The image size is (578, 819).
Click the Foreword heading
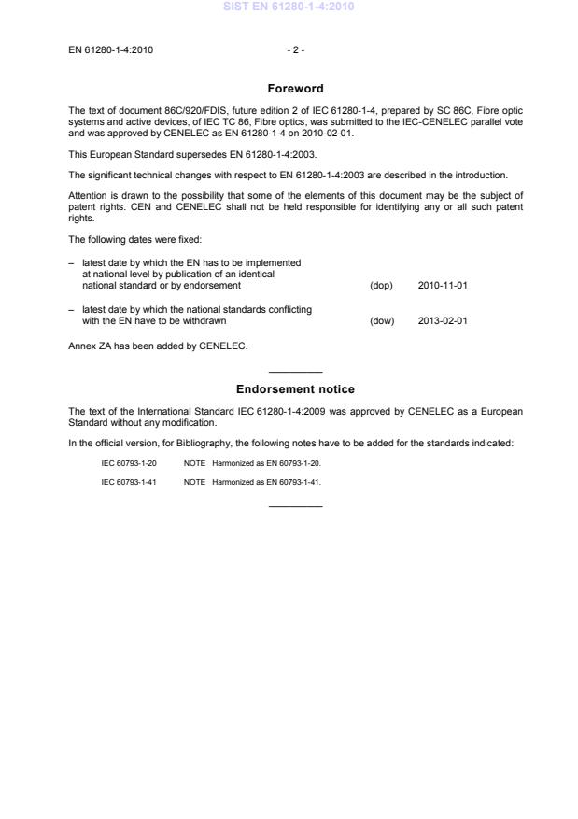click(295, 89)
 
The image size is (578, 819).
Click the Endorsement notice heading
click(295, 389)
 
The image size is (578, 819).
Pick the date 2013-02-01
click(443, 320)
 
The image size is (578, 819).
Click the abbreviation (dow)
click(382, 320)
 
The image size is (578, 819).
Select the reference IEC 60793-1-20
click(129, 463)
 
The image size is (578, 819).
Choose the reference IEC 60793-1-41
click(129, 482)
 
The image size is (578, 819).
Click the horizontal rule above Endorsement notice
click(295, 373)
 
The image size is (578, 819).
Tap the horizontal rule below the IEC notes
click(295, 507)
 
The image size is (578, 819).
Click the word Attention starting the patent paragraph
click(89, 194)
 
